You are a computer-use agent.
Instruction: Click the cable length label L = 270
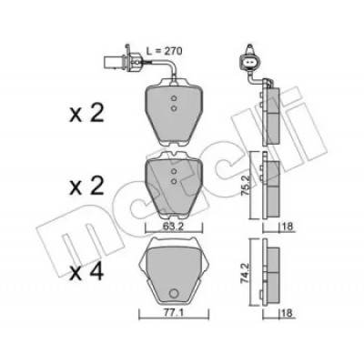pos(164,51)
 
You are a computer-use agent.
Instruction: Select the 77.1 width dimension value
pos(173,312)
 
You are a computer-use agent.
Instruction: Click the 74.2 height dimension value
pos(245,273)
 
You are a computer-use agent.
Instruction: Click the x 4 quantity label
pos(86,272)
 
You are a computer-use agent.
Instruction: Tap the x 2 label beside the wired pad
pos(86,114)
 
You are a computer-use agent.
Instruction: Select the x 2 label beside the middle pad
pos(86,186)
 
